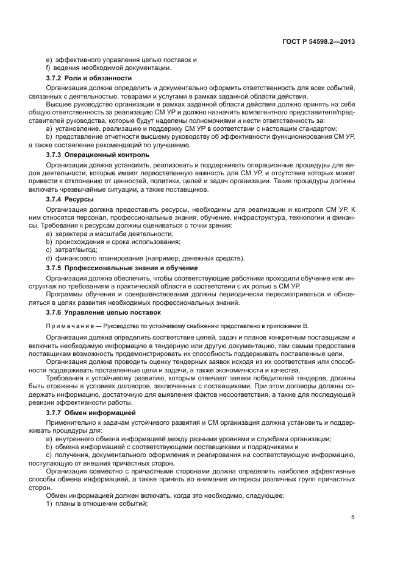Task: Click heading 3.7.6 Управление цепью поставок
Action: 104,312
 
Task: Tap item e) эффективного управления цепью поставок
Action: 121,60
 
